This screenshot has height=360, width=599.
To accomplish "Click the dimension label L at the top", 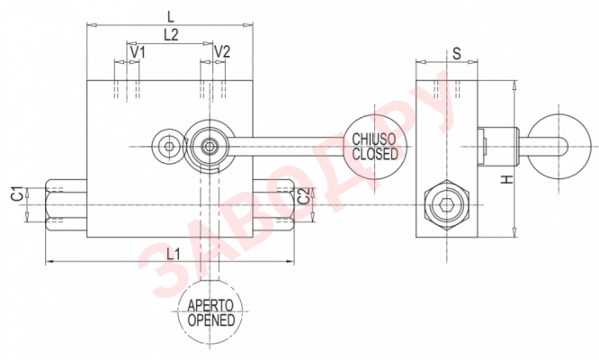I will (x=171, y=15).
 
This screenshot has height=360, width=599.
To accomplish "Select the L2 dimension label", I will (x=171, y=35).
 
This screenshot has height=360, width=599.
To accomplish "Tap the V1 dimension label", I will (x=137, y=52).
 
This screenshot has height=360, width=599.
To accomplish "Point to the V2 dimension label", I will (x=222, y=52).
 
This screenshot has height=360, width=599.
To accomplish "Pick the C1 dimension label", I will (x=16, y=193).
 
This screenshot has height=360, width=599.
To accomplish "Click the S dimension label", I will (x=456, y=53).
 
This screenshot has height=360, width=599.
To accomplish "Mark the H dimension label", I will (x=506, y=180).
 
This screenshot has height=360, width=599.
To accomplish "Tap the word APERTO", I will (x=211, y=305).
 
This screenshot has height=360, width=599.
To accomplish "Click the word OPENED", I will (x=211, y=319).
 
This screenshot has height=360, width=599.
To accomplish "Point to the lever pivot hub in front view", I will (x=209, y=146).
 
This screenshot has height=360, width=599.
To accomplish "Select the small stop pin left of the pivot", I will (x=166, y=145).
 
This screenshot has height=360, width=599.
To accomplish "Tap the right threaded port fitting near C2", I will (x=274, y=205).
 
